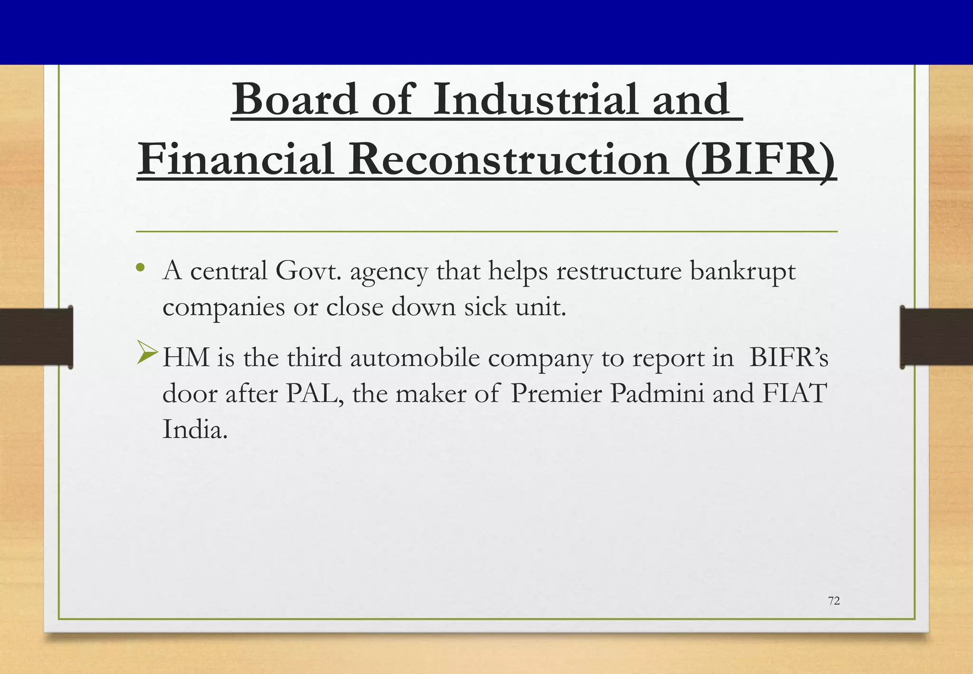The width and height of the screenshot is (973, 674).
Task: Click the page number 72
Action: (x=834, y=601)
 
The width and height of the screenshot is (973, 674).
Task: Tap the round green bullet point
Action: (x=140, y=268)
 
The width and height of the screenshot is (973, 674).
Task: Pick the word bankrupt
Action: (x=743, y=272)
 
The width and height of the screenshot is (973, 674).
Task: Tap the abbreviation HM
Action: (x=186, y=357)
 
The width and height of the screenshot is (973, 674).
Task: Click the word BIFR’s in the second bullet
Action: (x=789, y=357)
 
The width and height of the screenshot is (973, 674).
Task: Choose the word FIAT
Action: (x=794, y=394)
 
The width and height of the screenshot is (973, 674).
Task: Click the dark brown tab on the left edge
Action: (x=36, y=337)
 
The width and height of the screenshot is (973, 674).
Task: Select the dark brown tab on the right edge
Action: (x=936, y=337)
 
